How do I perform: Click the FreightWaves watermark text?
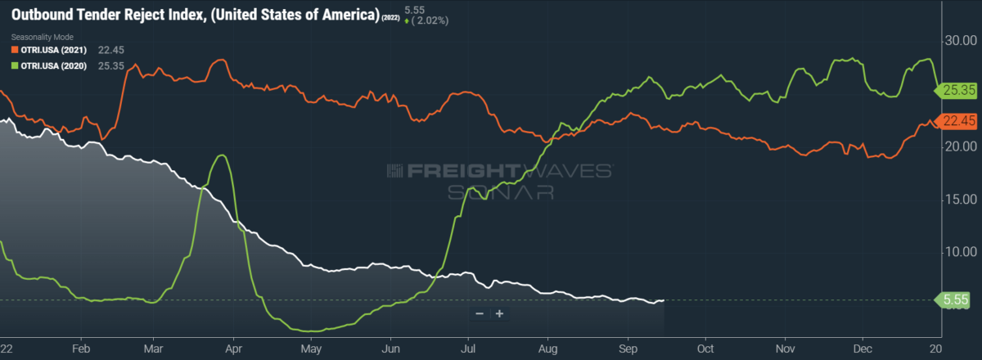(x=499, y=171)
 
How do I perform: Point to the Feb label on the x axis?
(x=80, y=348)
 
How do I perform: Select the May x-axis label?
(x=311, y=348)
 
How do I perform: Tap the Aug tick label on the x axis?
(x=548, y=348)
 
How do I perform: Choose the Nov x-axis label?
(x=785, y=348)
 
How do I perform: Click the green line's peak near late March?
(x=220, y=155)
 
